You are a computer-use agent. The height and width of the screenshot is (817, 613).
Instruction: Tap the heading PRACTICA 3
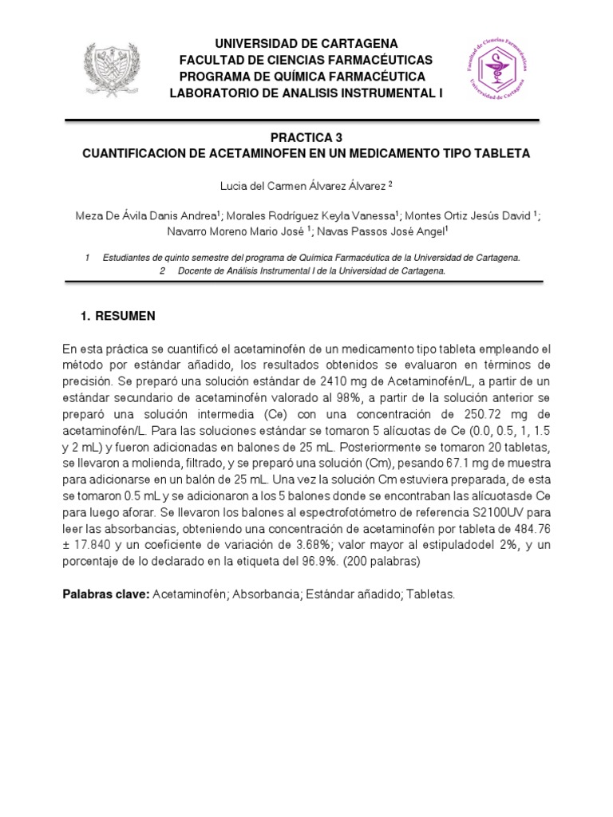pyautogui.click(x=306, y=137)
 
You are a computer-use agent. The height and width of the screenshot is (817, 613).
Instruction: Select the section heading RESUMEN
pyautogui.click(x=125, y=316)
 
